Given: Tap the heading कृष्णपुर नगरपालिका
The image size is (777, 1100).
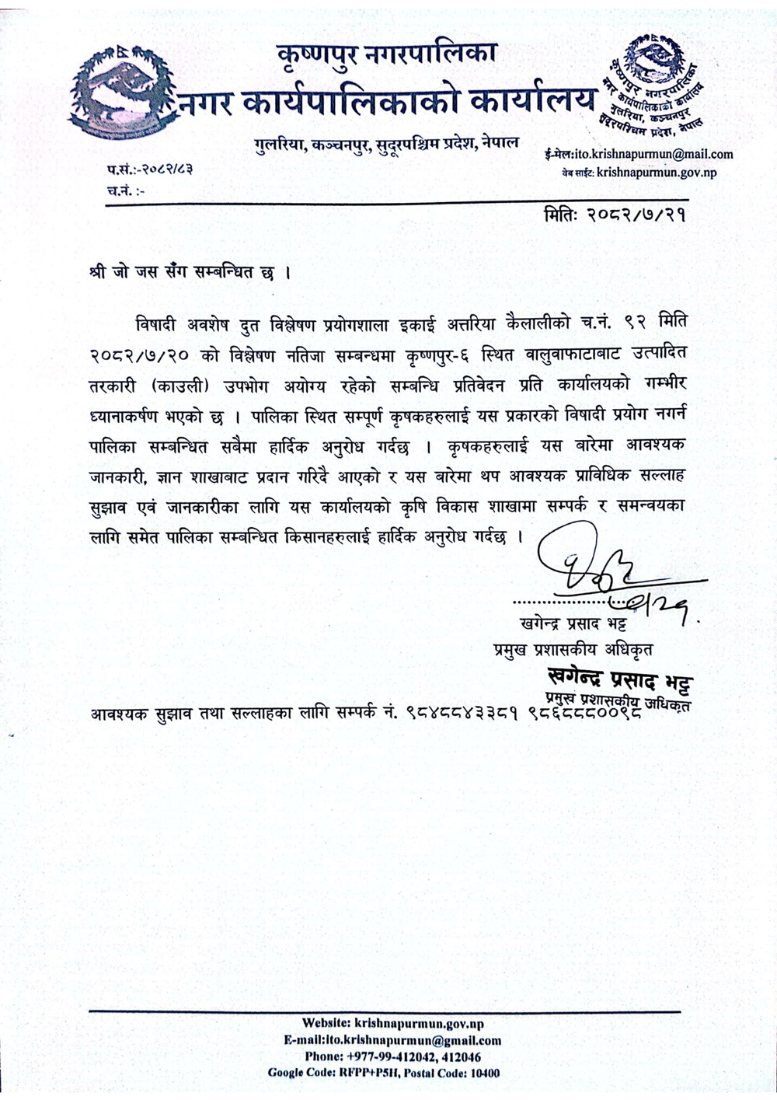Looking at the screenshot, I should pyautogui.click(x=386, y=55).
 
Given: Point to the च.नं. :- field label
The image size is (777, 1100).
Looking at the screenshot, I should pyautogui.click(x=124, y=189).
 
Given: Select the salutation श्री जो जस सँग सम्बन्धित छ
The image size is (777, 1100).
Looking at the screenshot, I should pyautogui.click(x=190, y=274).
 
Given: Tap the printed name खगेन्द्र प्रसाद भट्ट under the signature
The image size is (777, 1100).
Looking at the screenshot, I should pyautogui.click(x=573, y=624).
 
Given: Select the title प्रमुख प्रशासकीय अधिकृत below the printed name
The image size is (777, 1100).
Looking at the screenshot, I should pyautogui.click(x=573, y=648).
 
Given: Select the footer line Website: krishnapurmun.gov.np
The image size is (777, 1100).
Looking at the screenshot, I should pyautogui.click(x=392, y=1024).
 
